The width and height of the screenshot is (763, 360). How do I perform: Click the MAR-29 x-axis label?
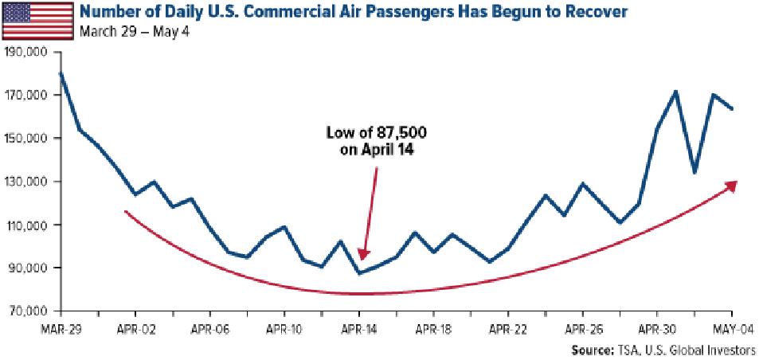(61, 327)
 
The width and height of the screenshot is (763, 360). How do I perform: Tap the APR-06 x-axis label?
(211, 327)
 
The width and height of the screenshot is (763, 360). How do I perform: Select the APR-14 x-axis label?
(359, 327)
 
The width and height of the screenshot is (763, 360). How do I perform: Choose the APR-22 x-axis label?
(508, 327)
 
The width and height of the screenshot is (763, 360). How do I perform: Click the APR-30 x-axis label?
(657, 327)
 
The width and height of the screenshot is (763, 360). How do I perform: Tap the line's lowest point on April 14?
(359, 273)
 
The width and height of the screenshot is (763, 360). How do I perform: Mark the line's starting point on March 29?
(61, 73)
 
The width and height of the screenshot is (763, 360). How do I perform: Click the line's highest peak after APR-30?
(675, 92)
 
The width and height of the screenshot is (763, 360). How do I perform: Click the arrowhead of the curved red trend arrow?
(733, 185)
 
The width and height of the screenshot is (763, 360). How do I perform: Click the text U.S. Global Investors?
(705, 350)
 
